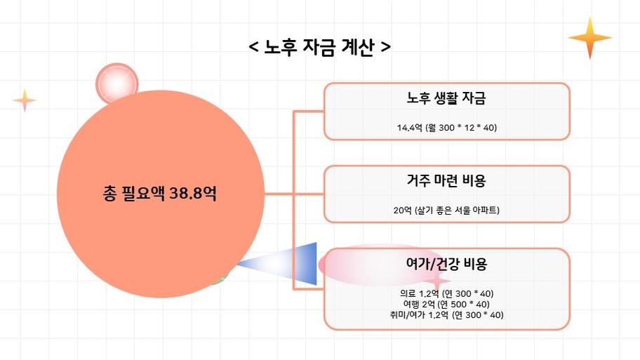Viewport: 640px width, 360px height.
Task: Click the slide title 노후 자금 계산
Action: tap(319, 47)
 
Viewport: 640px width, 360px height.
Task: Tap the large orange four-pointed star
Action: tap(589, 38)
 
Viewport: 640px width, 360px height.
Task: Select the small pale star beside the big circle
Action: tap(25, 100)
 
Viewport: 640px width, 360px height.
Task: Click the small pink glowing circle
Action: tap(117, 84)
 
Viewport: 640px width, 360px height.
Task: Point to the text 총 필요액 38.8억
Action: tap(159, 193)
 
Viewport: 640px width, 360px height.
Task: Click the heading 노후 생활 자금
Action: tap(446, 98)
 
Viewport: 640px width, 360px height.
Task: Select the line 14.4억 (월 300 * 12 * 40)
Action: tap(446, 128)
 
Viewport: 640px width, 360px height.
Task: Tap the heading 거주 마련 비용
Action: tap(446, 180)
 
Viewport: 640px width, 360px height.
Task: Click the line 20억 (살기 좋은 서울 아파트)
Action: tap(446, 211)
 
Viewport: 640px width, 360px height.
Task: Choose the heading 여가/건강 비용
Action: tap(446, 264)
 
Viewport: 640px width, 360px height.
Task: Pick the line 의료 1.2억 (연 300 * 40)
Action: tap(446, 293)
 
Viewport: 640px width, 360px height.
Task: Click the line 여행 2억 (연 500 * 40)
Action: tap(446, 304)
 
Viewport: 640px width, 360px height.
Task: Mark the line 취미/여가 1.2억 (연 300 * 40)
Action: tap(446, 314)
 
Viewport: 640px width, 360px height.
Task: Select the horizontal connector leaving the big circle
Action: tap(279, 194)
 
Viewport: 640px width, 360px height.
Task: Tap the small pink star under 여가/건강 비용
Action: tap(436, 281)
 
